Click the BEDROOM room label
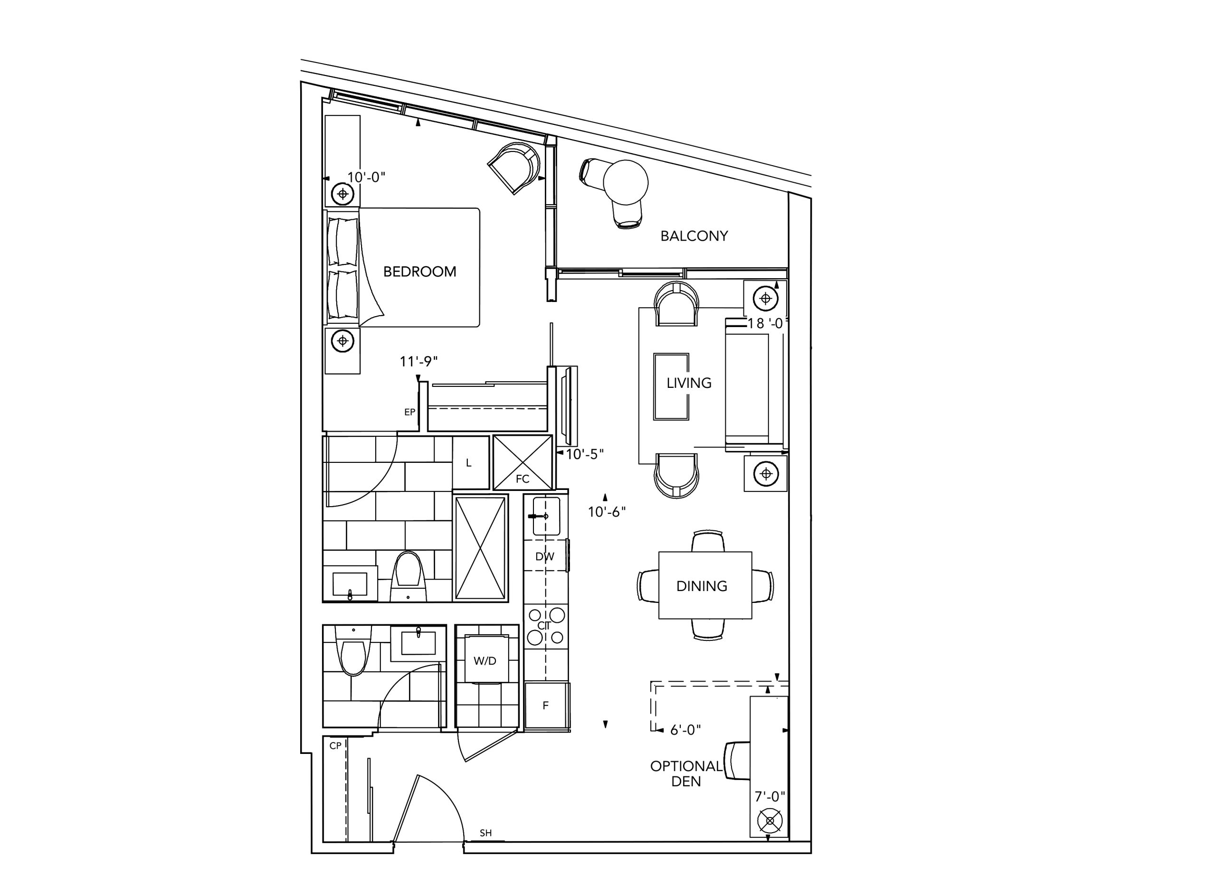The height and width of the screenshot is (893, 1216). pyautogui.click(x=419, y=272)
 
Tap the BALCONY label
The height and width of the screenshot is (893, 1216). pyautogui.click(x=694, y=235)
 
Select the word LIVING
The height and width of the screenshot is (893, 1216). pyautogui.click(x=689, y=383)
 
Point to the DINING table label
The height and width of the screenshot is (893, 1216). pyautogui.click(x=702, y=586)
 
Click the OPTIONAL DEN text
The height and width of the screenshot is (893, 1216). pyautogui.click(x=686, y=773)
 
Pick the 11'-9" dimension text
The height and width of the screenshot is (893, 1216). pyautogui.click(x=418, y=361)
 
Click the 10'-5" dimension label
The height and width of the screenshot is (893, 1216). pyautogui.click(x=584, y=454)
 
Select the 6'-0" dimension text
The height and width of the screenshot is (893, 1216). pyautogui.click(x=685, y=730)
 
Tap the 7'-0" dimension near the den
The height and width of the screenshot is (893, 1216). pyautogui.click(x=770, y=796)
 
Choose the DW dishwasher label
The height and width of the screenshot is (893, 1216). pyautogui.click(x=544, y=556)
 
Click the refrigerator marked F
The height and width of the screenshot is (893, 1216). pyautogui.click(x=547, y=706)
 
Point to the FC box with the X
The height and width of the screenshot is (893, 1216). pyautogui.click(x=523, y=462)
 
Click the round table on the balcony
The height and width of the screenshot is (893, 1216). pyautogui.click(x=626, y=182)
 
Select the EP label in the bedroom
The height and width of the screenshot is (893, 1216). pyautogui.click(x=410, y=412)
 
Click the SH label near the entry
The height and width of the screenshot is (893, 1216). pyautogui.click(x=485, y=833)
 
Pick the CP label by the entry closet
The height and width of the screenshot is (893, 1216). pyautogui.click(x=335, y=745)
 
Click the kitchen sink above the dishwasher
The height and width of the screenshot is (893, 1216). pyautogui.click(x=546, y=516)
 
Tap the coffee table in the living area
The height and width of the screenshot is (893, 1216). pyautogui.click(x=671, y=386)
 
